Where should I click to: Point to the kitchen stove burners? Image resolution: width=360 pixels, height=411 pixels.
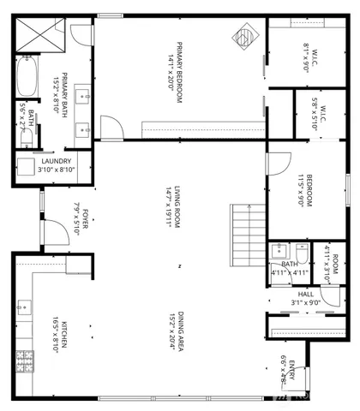pos(25,360)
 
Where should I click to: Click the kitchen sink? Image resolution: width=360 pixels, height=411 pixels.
pos(23,304)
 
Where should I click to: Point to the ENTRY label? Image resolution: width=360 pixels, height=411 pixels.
pos(291,372)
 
